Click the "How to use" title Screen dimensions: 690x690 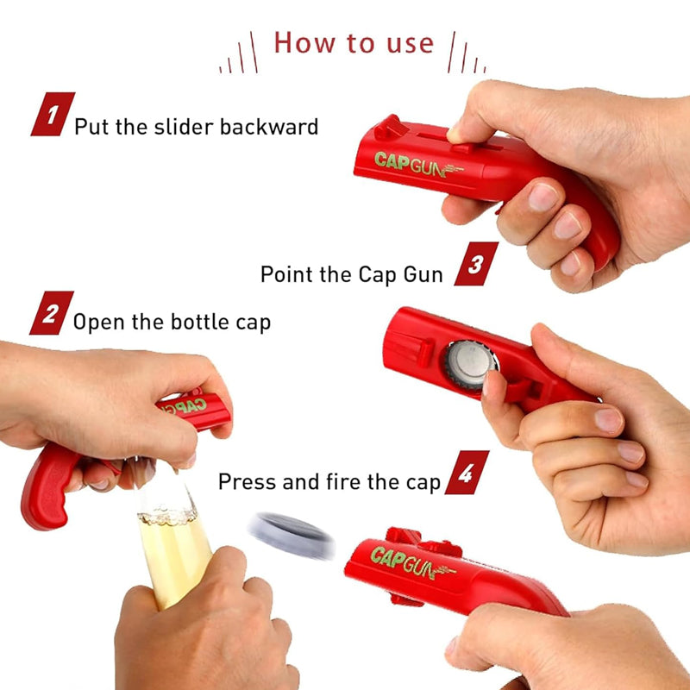[x=354, y=43]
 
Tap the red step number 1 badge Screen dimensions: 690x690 [x=53, y=114]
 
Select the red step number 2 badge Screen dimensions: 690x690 [x=52, y=313]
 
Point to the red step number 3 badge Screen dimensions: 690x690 [x=476, y=264]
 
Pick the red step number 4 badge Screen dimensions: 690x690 [x=467, y=472]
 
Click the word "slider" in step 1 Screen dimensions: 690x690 [x=184, y=127]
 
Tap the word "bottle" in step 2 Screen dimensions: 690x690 [x=200, y=322]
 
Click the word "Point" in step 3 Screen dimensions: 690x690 [x=287, y=274]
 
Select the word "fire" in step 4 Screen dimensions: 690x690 [x=345, y=481]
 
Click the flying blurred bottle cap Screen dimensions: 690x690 [x=292, y=535]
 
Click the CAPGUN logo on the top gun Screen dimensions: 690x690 [x=418, y=164]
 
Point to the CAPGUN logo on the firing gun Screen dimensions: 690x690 [x=413, y=562]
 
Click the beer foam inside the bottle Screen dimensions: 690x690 [x=167, y=516]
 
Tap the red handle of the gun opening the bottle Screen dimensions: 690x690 [x=47, y=486]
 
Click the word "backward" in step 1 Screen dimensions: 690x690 [x=268, y=127]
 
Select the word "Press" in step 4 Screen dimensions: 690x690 [x=248, y=481]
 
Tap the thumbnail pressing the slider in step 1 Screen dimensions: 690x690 [x=455, y=135]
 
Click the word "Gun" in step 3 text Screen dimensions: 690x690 [x=423, y=274]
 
